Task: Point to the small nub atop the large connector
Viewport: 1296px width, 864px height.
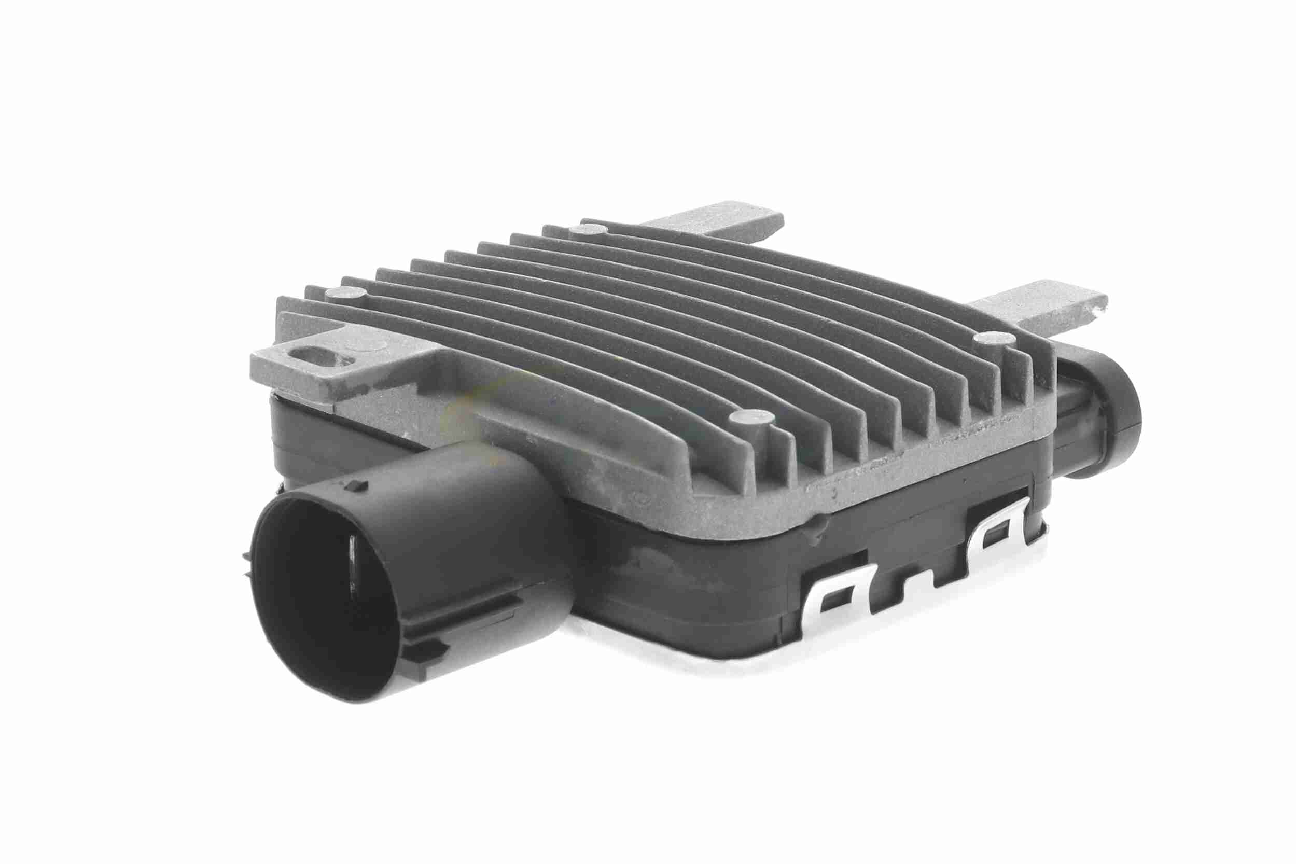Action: (359, 485)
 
